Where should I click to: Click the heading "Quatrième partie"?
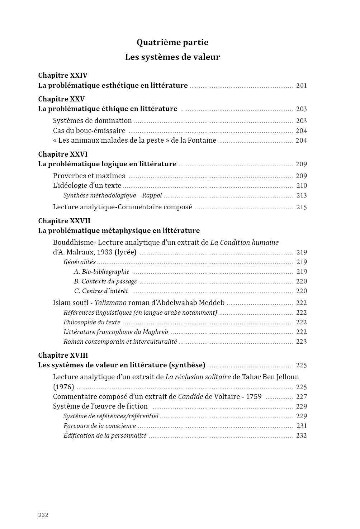pyautogui.click(x=172, y=42)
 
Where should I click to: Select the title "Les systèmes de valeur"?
pyautogui.click(x=172, y=57)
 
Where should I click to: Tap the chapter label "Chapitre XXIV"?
pyautogui.click(x=63, y=76)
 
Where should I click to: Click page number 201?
pyautogui.click(x=301, y=86)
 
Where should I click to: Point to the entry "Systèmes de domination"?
pyautogui.click(x=93, y=121)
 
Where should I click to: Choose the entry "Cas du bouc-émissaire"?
pyautogui.click(x=89, y=131)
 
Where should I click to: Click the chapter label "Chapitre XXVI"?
pyautogui.click(x=63, y=154)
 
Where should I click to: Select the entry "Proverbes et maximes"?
pyautogui.click(x=89, y=176)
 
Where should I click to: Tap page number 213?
pyautogui.click(x=302, y=196)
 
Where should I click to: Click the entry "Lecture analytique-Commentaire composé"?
pyautogui.click(x=123, y=207)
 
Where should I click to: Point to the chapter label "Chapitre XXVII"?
pyautogui.click(x=64, y=221)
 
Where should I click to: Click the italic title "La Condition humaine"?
pyautogui.click(x=244, y=243)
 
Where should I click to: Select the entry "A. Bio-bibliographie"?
pyautogui.click(x=101, y=272)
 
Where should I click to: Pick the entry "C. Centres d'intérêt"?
pyautogui.click(x=101, y=291)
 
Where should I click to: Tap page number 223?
pyautogui.click(x=302, y=342)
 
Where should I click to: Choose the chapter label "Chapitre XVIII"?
pyautogui.click(x=63, y=356)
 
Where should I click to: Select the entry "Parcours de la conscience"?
pyautogui.click(x=100, y=426)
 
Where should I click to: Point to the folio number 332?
pyautogui.click(x=43, y=515)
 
